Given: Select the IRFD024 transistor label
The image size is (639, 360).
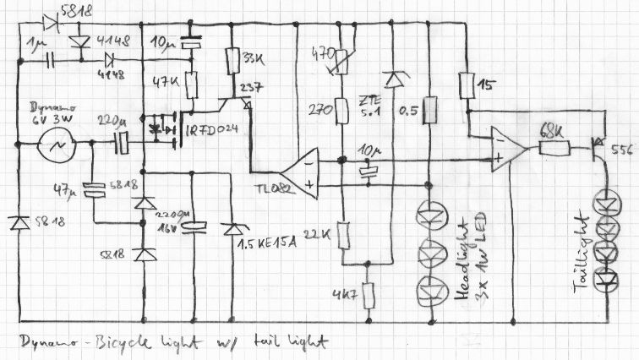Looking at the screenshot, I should point(212,131).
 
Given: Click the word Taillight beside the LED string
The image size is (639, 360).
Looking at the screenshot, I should point(582,253).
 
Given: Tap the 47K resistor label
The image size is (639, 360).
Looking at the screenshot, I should point(159,84).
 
